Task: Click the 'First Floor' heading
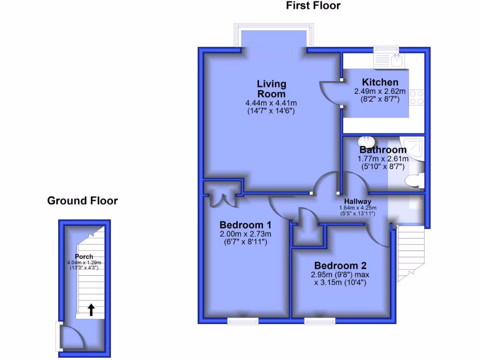(x=313, y=6)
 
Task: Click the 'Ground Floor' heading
(x=82, y=201)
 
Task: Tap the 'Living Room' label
(x=271, y=89)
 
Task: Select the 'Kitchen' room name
(x=376, y=82)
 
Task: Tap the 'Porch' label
(x=83, y=256)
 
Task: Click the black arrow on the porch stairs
(x=91, y=309)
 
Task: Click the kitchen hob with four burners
(x=416, y=97)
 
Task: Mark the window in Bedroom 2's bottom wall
(x=320, y=321)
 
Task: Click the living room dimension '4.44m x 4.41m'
(x=271, y=103)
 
